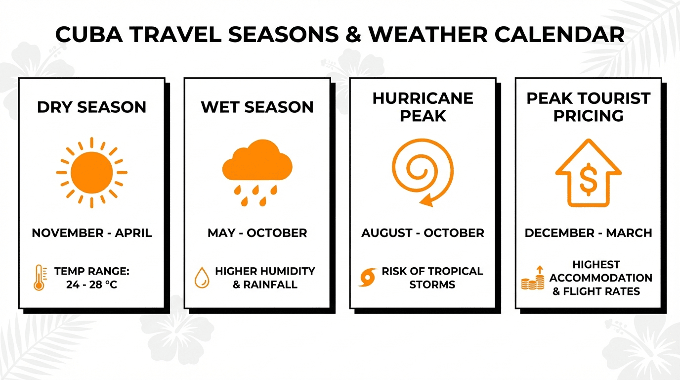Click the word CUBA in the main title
tap(89, 34)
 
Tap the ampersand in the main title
tap(353, 34)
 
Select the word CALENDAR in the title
tap(559, 34)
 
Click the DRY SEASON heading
tap(92, 107)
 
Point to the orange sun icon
tap(92, 172)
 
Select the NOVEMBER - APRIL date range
tap(92, 233)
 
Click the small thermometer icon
tap(40, 278)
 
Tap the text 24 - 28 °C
tap(92, 285)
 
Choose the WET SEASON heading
tap(257, 107)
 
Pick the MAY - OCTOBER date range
tap(257, 233)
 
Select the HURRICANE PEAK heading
tap(423, 107)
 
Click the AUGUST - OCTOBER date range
tap(423, 233)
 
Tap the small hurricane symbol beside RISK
tap(368, 277)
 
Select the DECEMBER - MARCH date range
tap(588, 233)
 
